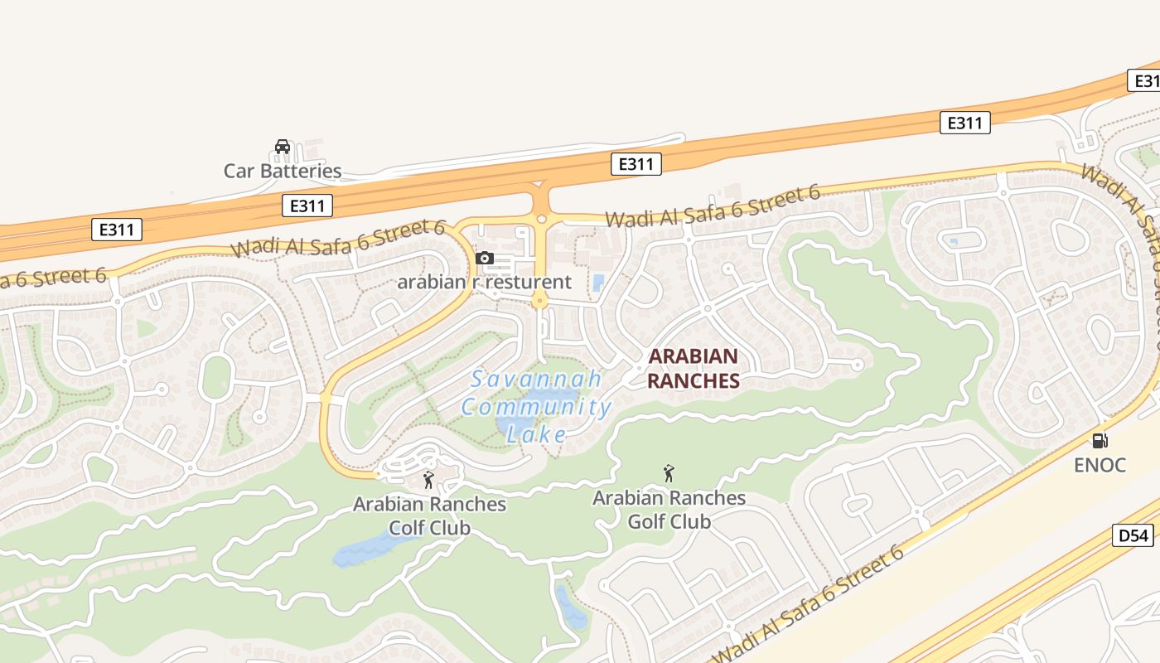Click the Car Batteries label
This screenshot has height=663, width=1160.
tap(283, 172)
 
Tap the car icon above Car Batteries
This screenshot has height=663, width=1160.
tap(283, 147)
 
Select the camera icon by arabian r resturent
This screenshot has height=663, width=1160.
tap(485, 259)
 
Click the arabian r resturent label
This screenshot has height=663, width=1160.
tap(484, 282)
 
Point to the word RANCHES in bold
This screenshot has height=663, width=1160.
tap(693, 380)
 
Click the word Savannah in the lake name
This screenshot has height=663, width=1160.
tap(536, 380)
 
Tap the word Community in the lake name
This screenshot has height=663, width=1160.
tap(536, 407)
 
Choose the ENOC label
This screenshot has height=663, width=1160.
tap(1100, 465)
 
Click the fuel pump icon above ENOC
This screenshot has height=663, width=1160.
tap(1100, 441)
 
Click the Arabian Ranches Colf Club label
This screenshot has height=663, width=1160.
tap(429, 515)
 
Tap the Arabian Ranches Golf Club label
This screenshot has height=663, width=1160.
tap(669, 510)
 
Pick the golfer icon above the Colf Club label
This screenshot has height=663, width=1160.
tap(428, 480)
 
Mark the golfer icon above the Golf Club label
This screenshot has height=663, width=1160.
tap(669, 473)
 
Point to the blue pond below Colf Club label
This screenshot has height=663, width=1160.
tap(365, 550)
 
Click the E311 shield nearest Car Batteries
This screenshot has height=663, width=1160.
tap(307, 206)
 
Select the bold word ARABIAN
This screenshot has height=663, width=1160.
tap(693, 356)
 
